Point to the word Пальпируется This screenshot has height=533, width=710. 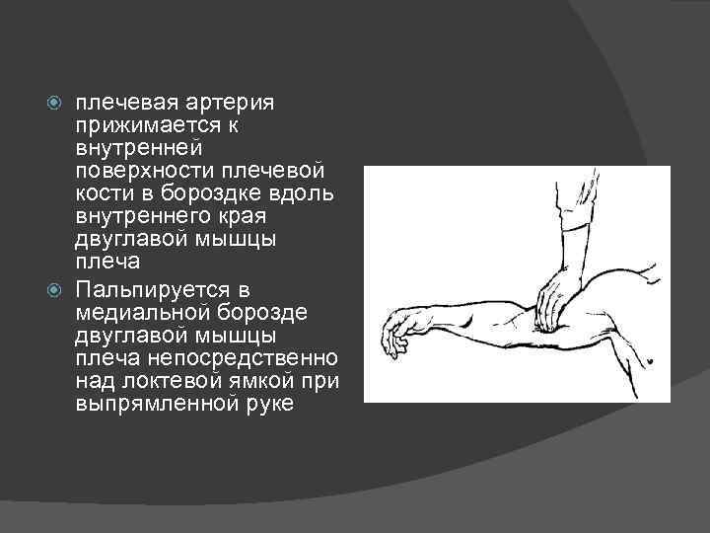point(142,290)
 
